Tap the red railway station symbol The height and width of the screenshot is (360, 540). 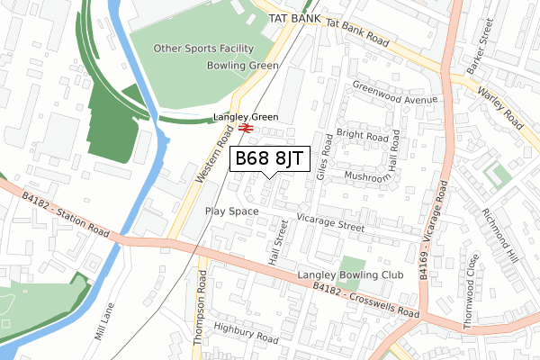pyautogui.click(x=246, y=129)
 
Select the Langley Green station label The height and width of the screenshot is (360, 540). pyautogui.click(x=246, y=117)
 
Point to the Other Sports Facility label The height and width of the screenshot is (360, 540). pyautogui.click(x=203, y=49)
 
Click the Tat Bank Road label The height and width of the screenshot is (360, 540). pyautogui.click(x=357, y=33)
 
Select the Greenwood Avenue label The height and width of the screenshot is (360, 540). pyautogui.click(x=395, y=94)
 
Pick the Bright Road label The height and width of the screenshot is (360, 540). pyautogui.click(x=363, y=136)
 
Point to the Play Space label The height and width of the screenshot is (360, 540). pyautogui.click(x=231, y=211)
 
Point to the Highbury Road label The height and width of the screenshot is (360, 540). pyautogui.click(x=247, y=332)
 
